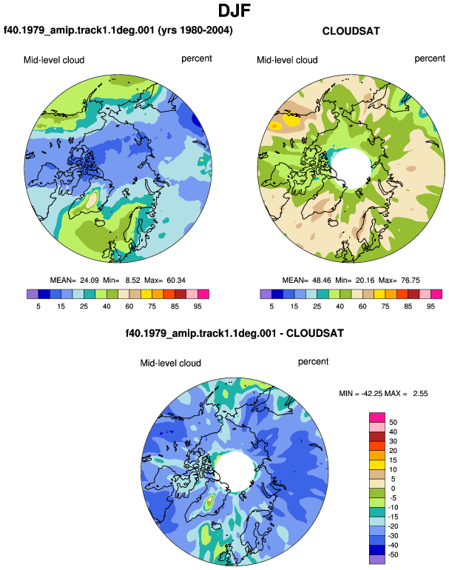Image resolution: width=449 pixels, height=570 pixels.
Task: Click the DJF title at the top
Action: (234, 10)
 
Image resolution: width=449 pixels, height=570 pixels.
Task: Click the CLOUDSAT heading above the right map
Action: (351, 31)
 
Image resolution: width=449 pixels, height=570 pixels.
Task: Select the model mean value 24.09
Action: (90, 281)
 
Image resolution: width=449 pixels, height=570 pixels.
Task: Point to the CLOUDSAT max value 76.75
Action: (410, 281)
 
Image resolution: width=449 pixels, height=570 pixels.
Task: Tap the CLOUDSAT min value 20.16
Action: (365, 281)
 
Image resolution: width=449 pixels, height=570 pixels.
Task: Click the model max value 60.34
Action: (176, 281)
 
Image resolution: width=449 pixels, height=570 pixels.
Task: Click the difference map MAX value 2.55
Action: (420, 393)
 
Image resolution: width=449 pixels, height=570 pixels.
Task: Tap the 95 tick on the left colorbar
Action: (198, 306)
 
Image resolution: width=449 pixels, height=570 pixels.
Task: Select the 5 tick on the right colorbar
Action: (271, 306)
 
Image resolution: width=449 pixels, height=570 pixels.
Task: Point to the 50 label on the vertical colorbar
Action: (393, 422)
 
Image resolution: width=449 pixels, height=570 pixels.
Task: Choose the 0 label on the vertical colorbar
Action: (393, 489)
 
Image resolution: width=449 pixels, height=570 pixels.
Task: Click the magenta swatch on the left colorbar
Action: (203, 294)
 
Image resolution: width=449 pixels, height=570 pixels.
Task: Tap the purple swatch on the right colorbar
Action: (266, 294)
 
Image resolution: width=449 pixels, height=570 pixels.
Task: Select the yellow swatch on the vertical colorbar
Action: (377, 465)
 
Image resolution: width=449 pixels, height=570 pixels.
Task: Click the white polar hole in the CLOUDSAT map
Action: (351, 167)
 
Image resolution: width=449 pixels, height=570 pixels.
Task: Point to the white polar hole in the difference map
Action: (234, 472)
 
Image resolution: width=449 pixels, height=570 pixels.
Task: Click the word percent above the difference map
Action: (313, 362)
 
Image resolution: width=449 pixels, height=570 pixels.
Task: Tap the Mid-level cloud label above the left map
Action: (54, 60)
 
